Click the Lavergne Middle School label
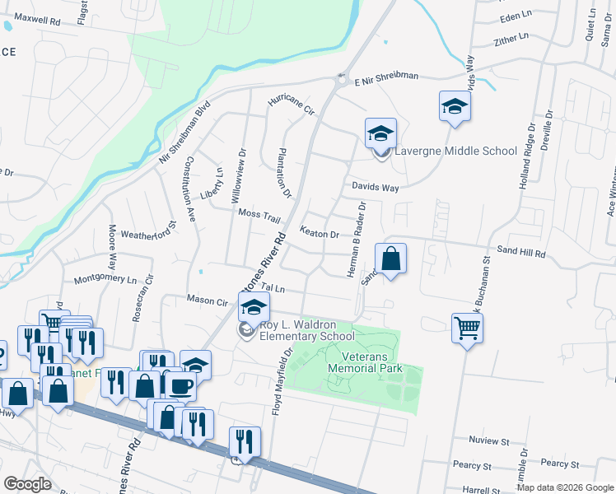[455, 151]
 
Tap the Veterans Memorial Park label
[365, 361]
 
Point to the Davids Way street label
[376, 188]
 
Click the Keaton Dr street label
[320, 234]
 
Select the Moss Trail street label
[259, 214]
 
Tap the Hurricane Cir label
[292, 105]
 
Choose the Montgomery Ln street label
[104, 280]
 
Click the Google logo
[26, 483]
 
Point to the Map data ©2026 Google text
[564, 487]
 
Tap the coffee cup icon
[181, 385]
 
